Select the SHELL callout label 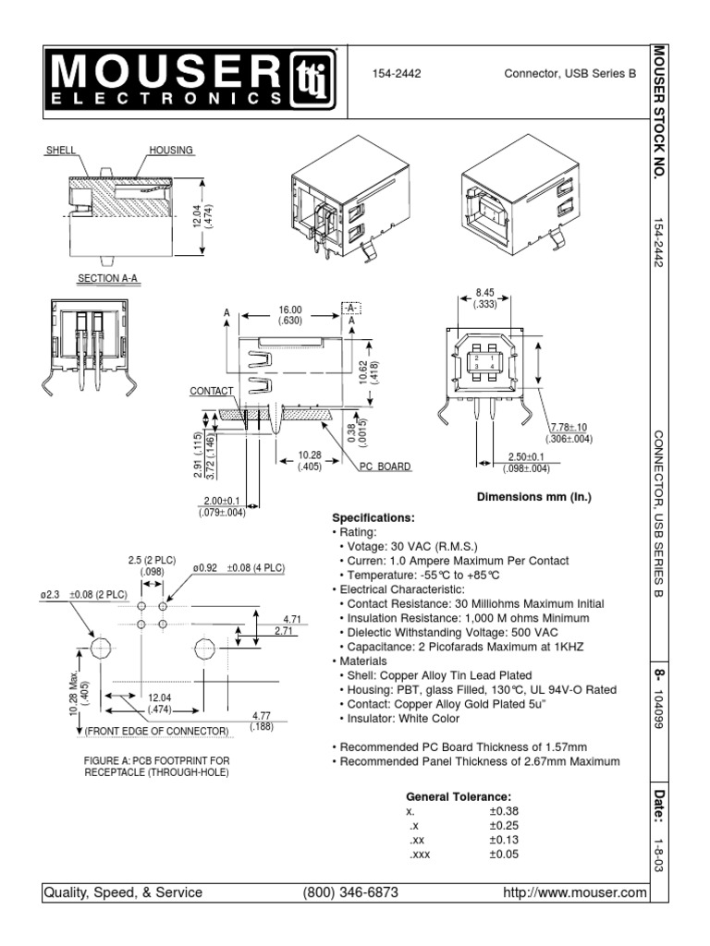click(62, 149)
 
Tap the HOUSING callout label click(170, 149)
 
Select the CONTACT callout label click(208, 392)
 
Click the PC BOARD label click(385, 467)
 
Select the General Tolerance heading click(459, 796)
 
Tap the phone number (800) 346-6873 click(350, 892)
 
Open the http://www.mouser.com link click(573, 892)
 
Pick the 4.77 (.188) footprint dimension click(261, 722)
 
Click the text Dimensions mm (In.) click(532, 497)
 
